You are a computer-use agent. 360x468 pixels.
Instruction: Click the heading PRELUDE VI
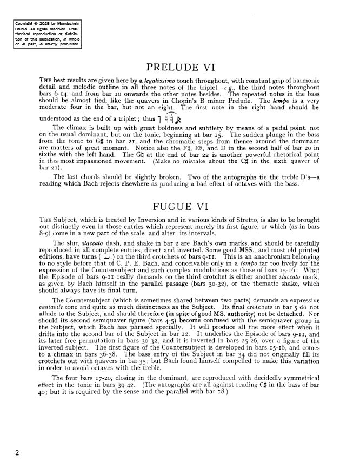(181, 68)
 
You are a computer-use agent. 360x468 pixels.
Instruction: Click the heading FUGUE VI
(181, 207)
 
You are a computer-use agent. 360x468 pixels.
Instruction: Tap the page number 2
(17, 453)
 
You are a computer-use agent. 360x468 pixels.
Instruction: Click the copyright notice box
(48, 34)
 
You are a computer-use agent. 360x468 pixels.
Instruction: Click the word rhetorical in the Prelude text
(289, 155)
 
